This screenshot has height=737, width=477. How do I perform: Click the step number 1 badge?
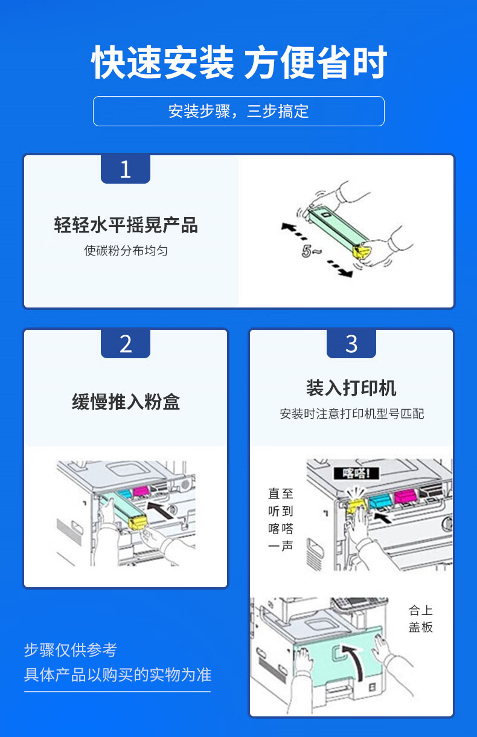click(x=126, y=169)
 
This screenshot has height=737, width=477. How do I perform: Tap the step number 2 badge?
click(x=126, y=344)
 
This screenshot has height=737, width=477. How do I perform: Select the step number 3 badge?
click(x=351, y=344)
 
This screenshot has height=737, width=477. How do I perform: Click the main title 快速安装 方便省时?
click(x=239, y=62)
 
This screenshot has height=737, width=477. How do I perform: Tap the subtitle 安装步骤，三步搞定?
click(x=238, y=111)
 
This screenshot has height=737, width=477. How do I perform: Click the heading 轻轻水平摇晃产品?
click(x=126, y=225)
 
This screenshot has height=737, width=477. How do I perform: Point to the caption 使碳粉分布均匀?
click(x=126, y=251)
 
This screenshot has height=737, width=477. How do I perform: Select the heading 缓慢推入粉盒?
click(x=126, y=402)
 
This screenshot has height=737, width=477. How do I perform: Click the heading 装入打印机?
click(x=351, y=388)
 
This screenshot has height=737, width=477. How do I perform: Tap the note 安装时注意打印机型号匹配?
click(x=351, y=414)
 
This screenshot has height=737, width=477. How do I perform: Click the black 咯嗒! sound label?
click(x=356, y=474)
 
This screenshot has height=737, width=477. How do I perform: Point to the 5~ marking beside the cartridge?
click(x=311, y=251)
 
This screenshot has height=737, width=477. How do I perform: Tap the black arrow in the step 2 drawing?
click(x=160, y=510)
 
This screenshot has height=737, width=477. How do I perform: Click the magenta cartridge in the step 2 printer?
click(x=141, y=492)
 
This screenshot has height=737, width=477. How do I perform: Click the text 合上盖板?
click(x=420, y=619)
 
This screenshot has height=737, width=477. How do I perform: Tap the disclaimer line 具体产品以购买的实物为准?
click(x=118, y=675)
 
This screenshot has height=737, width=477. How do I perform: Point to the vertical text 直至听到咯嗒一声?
click(x=280, y=520)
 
